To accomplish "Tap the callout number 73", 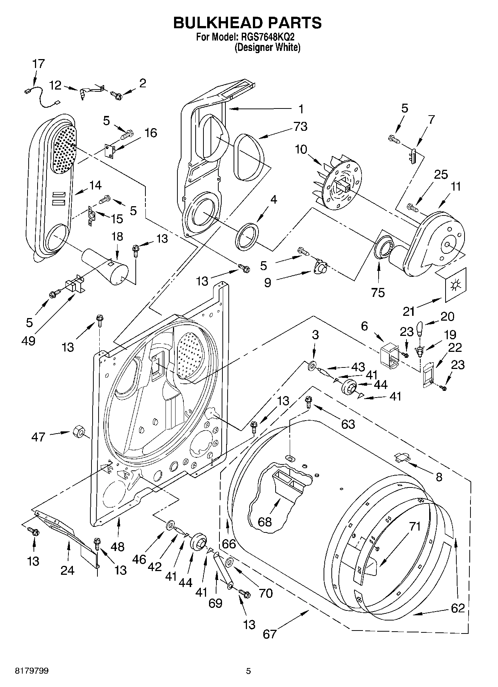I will pyautogui.click(x=300, y=126).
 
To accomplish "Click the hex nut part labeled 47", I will pyautogui.click(x=78, y=431).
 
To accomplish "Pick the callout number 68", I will pyautogui.click(x=265, y=522).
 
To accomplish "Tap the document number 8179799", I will pyautogui.click(x=32, y=671).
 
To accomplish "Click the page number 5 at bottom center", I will pyautogui.click(x=248, y=671).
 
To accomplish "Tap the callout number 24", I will pyautogui.click(x=68, y=570).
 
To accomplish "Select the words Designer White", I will pyautogui.click(x=267, y=48).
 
